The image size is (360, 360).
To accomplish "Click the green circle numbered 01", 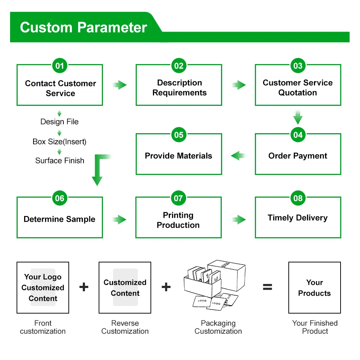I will click(60, 66).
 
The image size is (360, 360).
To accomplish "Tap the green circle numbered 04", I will click(298, 135).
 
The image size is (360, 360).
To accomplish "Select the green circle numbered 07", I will click(179, 198).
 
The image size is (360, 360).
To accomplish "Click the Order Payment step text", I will click(298, 156).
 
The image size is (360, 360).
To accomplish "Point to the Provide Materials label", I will click(179, 156).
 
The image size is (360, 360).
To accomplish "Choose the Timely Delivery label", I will click(298, 218).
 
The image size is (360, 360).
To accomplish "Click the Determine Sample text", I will click(59, 219).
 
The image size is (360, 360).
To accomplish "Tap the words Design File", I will click(59, 122).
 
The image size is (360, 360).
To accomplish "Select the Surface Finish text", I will click(60, 161).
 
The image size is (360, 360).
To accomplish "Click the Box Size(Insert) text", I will click(59, 141).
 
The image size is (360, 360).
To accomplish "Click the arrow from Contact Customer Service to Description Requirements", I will click(120, 85).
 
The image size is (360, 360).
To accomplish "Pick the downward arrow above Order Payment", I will click(298, 117).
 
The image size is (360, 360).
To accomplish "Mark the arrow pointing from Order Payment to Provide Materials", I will click(238, 156).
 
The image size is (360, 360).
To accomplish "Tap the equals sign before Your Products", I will click(267, 287).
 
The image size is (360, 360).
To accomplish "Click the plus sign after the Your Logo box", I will click(84, 287).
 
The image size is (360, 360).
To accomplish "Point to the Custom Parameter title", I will click(84, 28).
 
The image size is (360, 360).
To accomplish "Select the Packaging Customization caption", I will click(218, 327).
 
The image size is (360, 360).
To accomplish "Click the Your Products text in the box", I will click(314, 288).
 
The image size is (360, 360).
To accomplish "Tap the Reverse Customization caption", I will click(125, 327).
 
